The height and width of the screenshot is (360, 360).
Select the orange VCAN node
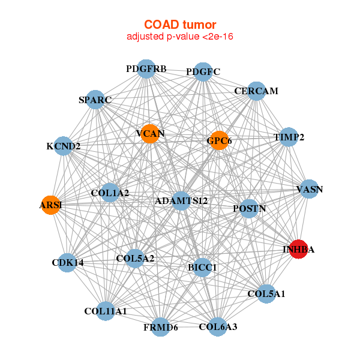click(150, 133)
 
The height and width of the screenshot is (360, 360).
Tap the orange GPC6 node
click(219, 140)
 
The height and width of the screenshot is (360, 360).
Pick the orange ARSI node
click(51, 205)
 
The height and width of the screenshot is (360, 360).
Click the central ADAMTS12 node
click(181, 200)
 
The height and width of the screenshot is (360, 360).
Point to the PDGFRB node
click(146, 69)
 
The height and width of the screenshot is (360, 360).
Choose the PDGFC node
click(203, 72)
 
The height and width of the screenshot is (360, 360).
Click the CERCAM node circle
click(256, 91)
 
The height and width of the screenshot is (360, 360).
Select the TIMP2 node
click(289, 137)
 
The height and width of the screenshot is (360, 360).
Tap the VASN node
click(309, 190)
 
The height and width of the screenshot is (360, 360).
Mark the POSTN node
click(249, 208)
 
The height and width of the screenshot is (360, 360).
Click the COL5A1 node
click(266, 294)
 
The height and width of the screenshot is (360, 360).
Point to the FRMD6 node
click(160, 327)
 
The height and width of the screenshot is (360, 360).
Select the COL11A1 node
click(106, 311)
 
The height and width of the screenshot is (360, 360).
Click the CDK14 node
click(67, 262)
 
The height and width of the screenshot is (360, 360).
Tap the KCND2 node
click(63, 146)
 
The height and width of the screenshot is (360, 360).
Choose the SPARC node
click(95, 100)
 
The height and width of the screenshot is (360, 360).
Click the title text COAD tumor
click(180, 25)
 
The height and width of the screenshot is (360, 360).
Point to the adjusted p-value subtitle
click(180, 37)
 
